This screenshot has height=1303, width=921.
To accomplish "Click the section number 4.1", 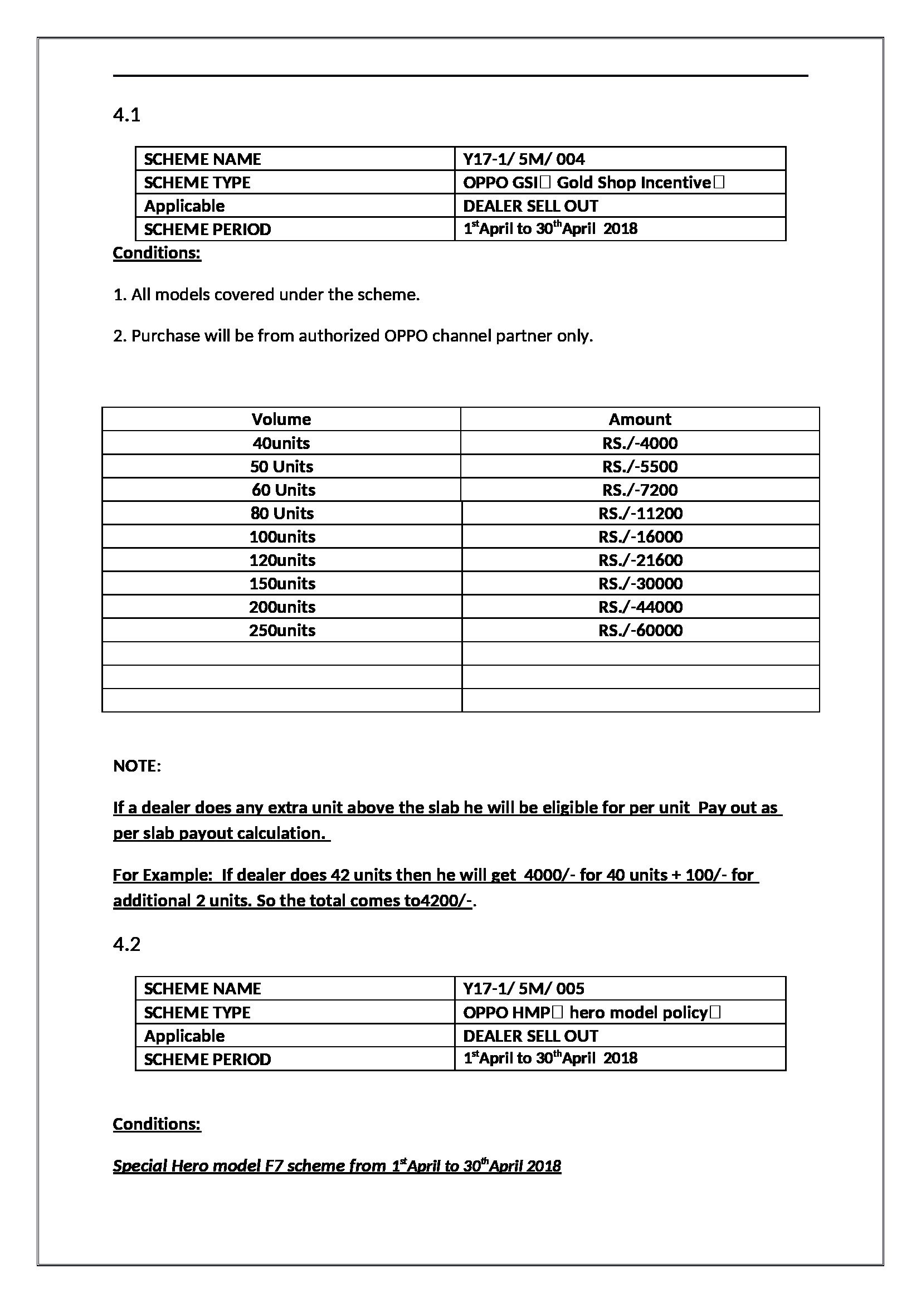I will coord(126,115).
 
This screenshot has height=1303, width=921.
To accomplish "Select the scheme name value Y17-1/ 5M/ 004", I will coord(523,159).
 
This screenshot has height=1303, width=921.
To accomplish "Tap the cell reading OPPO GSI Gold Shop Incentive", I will coord(593,182).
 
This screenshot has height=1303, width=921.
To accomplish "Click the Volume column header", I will coord(281,419).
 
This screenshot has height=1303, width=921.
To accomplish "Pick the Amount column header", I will coord(640,419).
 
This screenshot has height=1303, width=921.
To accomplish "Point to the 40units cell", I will coord(281,443).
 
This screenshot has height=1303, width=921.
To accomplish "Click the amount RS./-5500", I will coord(640,466).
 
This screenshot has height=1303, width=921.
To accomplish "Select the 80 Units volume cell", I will coord(282,513).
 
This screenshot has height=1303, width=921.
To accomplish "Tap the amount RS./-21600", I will coord(640,560).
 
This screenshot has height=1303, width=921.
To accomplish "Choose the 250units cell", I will coord(282,630).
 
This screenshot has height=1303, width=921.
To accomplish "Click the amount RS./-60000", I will coord(640,630).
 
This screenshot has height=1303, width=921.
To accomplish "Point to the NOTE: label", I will coord(137,766).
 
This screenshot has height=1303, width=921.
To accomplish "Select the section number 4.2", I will coord(126,944).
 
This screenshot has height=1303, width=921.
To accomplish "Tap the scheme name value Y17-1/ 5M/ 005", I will coord(523,989).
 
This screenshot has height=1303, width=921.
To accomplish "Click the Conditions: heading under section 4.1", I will coord(157,252).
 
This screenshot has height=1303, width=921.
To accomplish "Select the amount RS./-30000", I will coord(640,583).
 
